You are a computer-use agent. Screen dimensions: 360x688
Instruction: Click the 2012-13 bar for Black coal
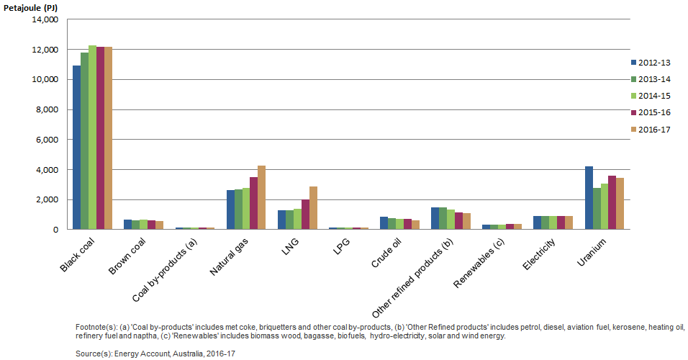(76, 148)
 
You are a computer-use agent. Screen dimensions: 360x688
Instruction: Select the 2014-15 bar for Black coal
(92, 138)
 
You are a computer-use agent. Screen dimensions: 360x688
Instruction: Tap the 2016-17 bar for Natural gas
(262, 197)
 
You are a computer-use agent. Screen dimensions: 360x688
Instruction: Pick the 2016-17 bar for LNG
(313, 208)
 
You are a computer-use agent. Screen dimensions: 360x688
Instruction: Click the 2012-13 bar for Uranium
(589, 198)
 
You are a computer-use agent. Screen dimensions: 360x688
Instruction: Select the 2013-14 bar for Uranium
(597, 209)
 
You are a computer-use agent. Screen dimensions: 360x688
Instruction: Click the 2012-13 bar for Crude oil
(384, 223)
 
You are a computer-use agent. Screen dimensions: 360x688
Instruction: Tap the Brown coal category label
(125, 256)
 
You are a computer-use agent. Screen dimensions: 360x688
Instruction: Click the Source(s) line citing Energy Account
(155, 354)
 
